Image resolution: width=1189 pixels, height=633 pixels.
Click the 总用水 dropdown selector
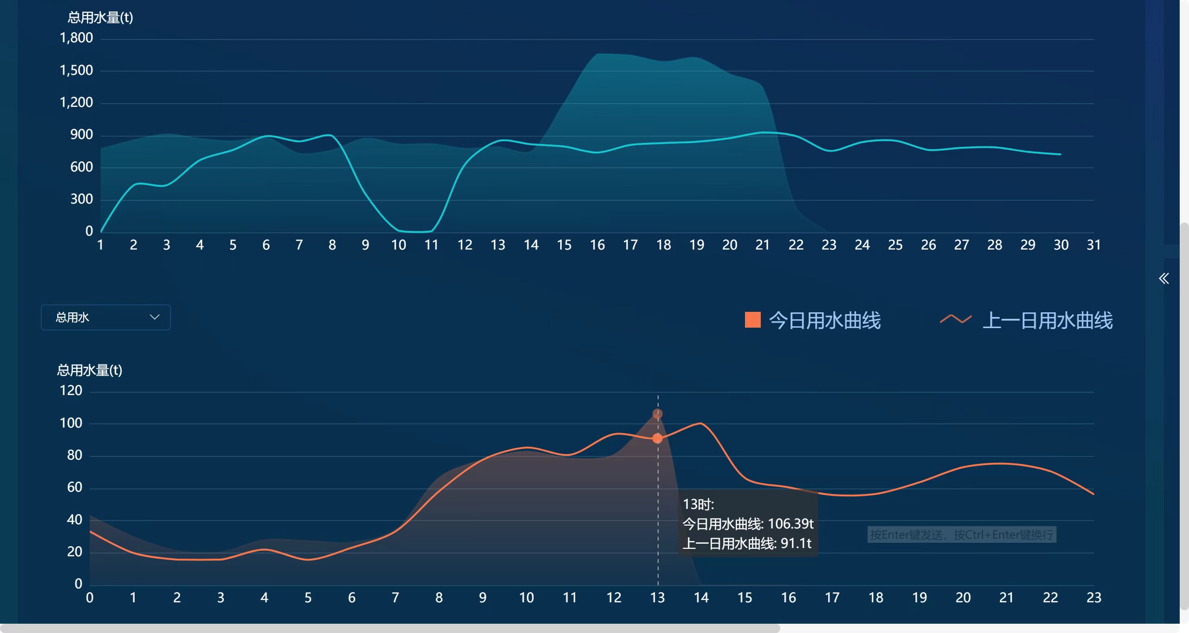pyautogui.click(x=105, y=317)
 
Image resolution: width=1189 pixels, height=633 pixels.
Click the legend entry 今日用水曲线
pyautogui.click(x=824, y=321)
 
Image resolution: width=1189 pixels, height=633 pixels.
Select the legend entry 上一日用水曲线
pyautogui.click(x=1047, y=321)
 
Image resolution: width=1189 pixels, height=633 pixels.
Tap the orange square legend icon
pyautogui.click(x=752, y=320)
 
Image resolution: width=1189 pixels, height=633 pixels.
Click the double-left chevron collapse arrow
pyautogui.click(x=1163, y=278)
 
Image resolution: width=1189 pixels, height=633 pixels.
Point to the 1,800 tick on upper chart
pyautogui.click(x=76, y=38)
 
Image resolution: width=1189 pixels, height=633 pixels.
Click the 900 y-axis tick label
pyautogui.click(x=81, y=135)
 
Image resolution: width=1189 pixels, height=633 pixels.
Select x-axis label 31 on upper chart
pyautogui.click(x=1093, y=245)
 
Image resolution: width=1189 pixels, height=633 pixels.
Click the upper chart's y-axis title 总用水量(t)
pyautogui.click(x=100, y=18)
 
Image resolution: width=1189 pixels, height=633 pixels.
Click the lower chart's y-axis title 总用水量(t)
pyautogui.click(x=90, y=370)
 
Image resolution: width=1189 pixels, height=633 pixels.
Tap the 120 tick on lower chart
pyautogui.click(x=71, y=390)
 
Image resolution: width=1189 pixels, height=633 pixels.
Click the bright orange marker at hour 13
pyautogui.click(x=657, y=438)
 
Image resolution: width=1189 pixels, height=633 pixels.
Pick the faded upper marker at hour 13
pyautogui.click(x=657, y=414)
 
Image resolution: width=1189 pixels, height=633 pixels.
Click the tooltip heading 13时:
pyautogui.click(x=698, y=504)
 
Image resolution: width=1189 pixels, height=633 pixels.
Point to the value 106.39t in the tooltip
pyautogui.click(x=790, y=524)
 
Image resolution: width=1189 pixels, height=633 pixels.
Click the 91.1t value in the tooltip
pyautogui.click(x=796, y=543)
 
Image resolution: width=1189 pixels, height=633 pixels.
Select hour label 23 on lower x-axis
pyautogui.click(x=1093, y=598)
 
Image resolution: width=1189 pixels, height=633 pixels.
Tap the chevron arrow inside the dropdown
pyautogui.click(x=155, y=317)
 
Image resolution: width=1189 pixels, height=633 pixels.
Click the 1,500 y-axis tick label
pyautogui.click(x=76, y=71)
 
